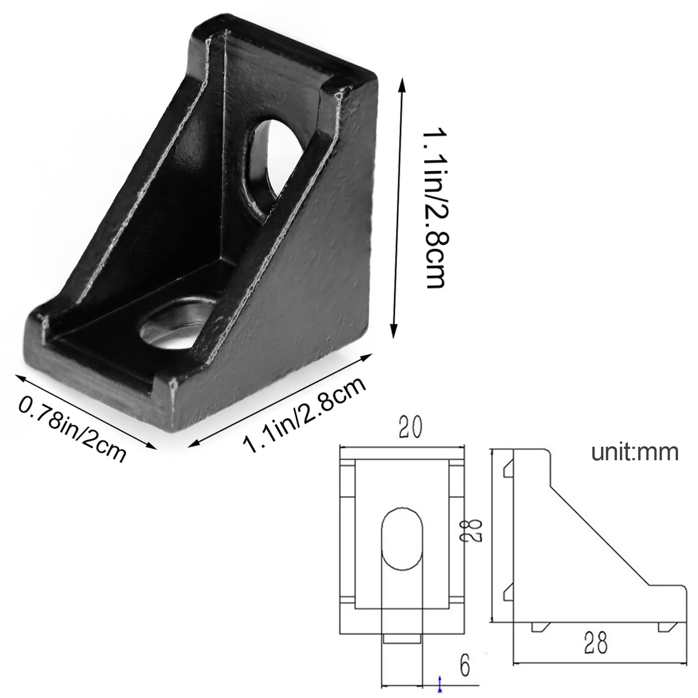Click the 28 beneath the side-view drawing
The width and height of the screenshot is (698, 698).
tap(596, 643)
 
